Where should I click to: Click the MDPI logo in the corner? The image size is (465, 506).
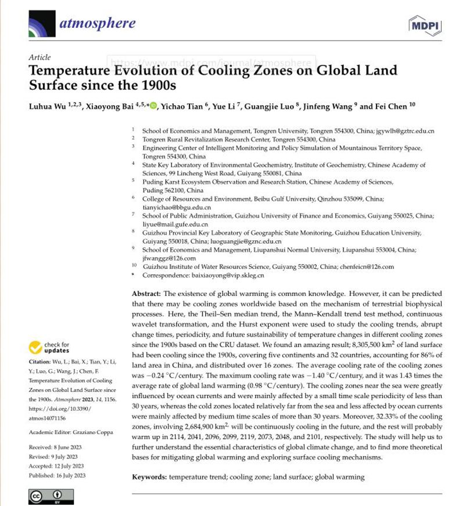click(x=425, y=25)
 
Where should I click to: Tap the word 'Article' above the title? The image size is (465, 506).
click(x=39, y=57)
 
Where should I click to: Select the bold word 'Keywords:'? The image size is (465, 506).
click(x=150, y=477)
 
